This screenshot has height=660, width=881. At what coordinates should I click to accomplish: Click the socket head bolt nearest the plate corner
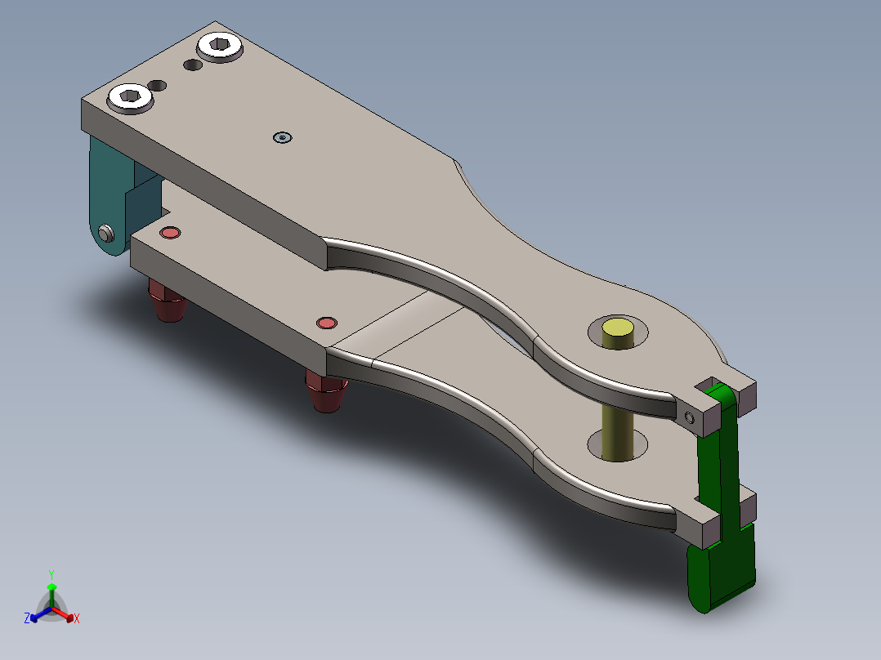[130, 98]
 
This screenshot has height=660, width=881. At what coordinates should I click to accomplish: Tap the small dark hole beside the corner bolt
[158, 85]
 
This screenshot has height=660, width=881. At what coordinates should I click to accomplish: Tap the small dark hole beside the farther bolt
[192, 64]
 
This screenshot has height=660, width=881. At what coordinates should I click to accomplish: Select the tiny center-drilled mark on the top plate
[282, 138]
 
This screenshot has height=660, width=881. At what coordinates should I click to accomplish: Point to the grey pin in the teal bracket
[105, 234]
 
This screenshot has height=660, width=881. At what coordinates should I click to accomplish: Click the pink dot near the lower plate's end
[170, 233]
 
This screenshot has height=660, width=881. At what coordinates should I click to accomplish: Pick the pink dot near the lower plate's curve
[326, 323]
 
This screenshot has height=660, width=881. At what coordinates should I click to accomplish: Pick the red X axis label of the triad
[77, 619]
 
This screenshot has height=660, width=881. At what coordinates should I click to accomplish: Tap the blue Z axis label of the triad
[27, 619]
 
